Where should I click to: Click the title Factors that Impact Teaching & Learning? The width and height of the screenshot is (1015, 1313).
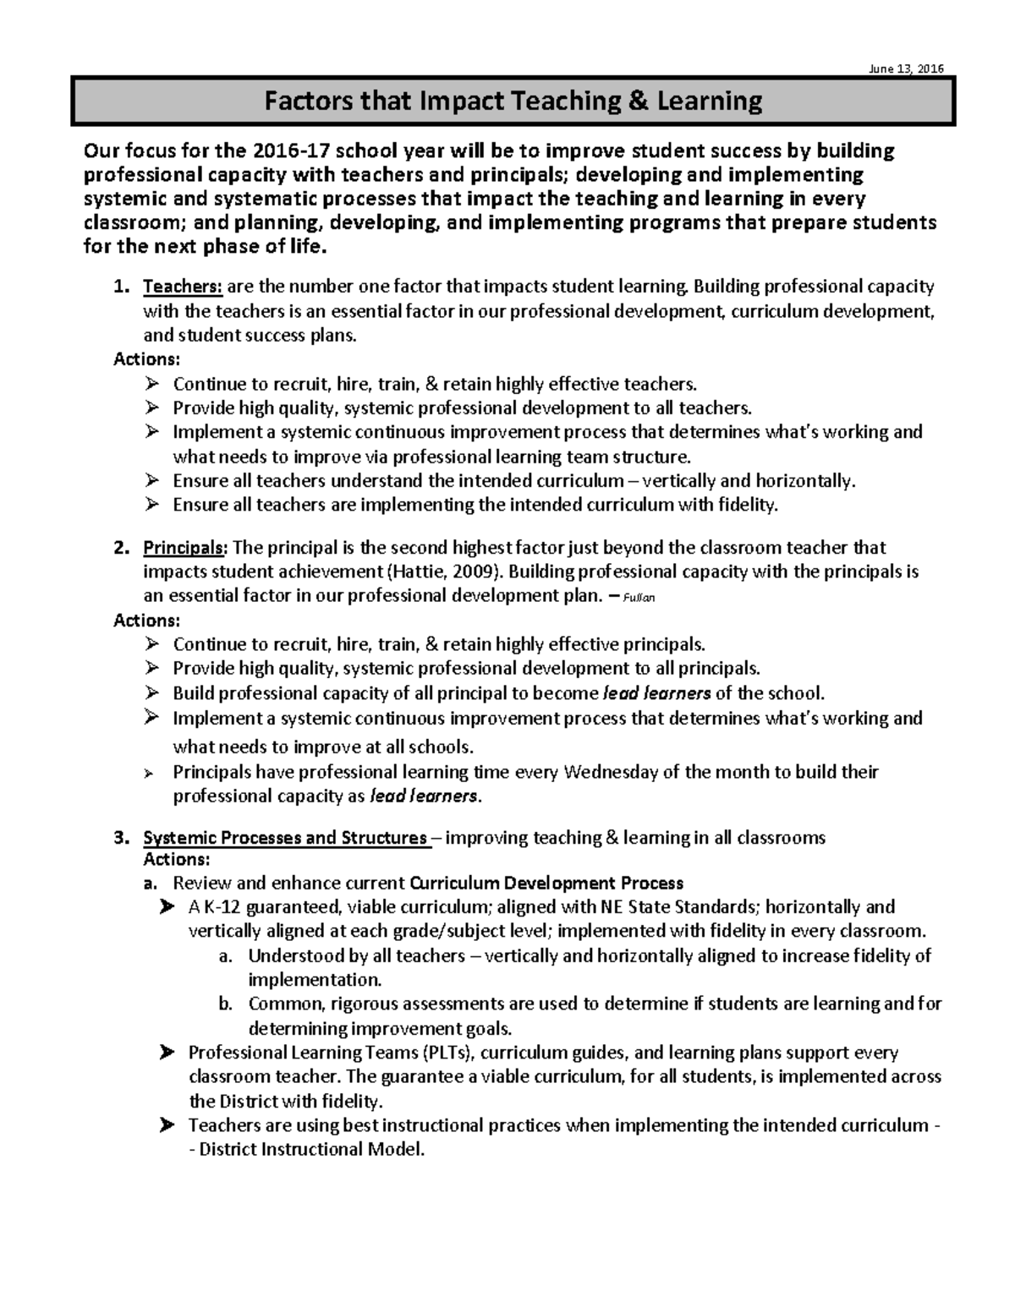513,101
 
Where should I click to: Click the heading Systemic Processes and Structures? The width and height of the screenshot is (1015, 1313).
285,838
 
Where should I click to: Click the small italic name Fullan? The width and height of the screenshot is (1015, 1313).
639,598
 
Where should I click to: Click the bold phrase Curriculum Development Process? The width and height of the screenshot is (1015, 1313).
546,884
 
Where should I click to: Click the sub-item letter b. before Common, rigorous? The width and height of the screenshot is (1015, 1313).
225,1004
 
